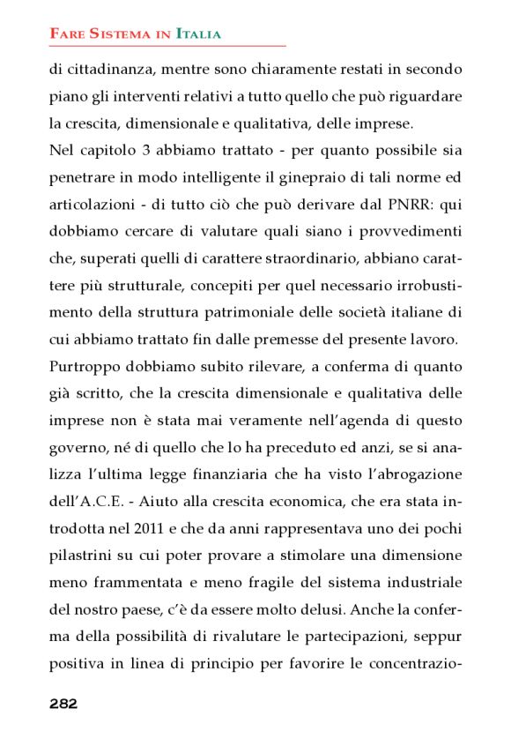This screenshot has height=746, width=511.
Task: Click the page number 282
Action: click(x=63, y=704)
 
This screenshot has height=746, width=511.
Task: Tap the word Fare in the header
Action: click(x=64, y=34)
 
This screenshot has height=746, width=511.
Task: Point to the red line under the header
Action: click(x=167, y=45)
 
